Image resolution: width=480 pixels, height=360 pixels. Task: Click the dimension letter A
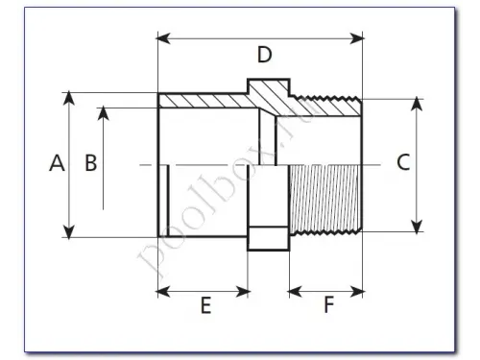[57, 163]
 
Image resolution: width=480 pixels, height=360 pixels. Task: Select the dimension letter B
[91, 163]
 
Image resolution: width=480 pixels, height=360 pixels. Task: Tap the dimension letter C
[403, 162]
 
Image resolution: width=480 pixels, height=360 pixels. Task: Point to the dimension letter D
[265, 55]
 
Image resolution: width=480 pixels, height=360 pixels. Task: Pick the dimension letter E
[205, 305]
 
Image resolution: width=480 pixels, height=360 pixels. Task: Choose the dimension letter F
[329, 304]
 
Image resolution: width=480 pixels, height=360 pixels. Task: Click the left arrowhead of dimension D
[163, 38]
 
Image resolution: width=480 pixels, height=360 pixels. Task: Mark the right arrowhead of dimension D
[357, 38]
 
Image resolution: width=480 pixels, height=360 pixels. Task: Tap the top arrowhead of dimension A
[69, 98]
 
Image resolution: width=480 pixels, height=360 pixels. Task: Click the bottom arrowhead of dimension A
[69, 231]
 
